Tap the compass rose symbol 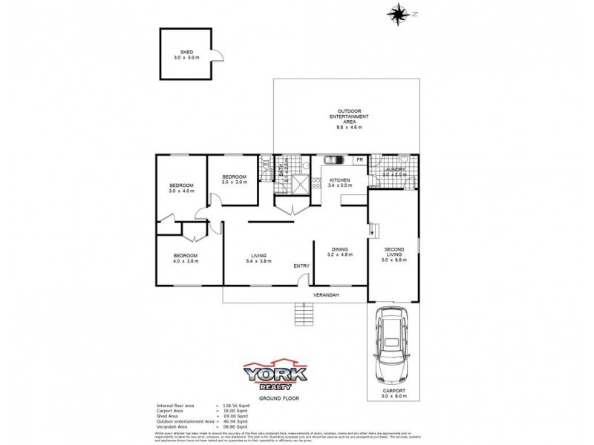coord(399,12)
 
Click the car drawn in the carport coord(393,345)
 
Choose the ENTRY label coord(301,266)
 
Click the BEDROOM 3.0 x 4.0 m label coord(181,188)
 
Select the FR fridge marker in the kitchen coord(359,160)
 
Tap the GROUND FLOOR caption coord(274,399)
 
